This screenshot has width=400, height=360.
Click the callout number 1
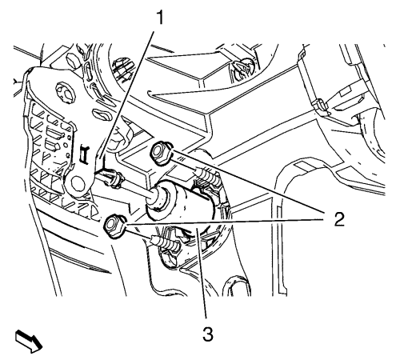[159, 18]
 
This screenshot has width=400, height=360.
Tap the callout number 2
[339, 219]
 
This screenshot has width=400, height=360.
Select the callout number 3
[208, 334]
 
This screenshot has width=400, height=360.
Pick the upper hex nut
[161, 152]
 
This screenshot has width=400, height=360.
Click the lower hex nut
[114, 225]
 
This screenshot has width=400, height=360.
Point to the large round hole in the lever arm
[78, 185]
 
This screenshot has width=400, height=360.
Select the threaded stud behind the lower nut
[166, 242]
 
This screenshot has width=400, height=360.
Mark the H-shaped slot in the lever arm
[85, 153]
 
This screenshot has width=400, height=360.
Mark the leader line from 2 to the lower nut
[224, 222]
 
